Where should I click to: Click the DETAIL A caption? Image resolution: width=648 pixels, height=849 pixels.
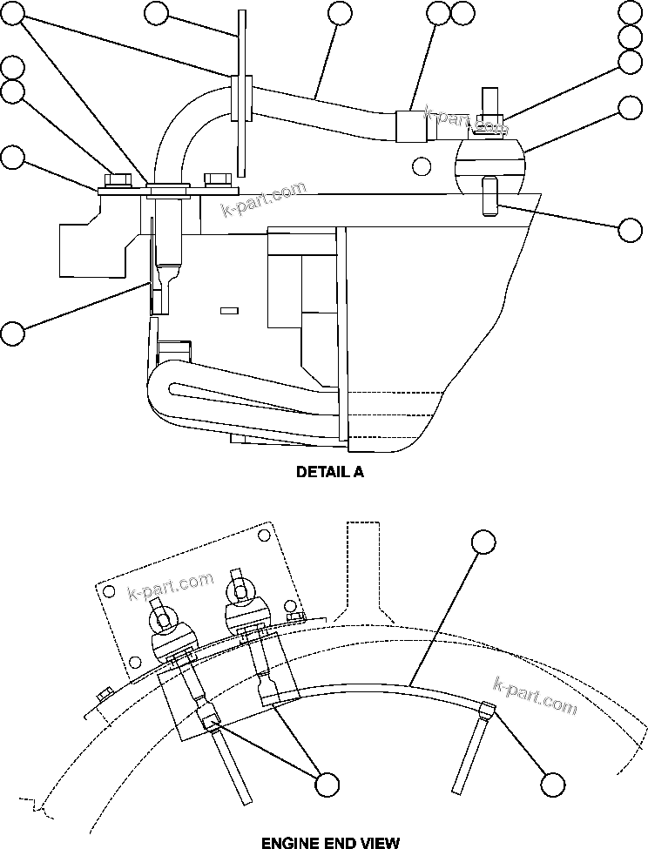tap(330, 472)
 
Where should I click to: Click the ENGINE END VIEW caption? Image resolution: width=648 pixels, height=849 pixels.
tap(330, 842)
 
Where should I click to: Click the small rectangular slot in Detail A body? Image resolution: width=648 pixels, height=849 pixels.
tap(229, 309)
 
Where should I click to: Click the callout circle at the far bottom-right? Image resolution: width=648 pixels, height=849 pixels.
tap(551, 784)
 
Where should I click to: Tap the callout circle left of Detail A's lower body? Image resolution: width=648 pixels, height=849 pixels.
tap(12, 332)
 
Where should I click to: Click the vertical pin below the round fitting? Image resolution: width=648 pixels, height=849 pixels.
tap(488, 196)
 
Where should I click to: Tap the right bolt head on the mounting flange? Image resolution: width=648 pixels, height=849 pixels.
tap(218, 180)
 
